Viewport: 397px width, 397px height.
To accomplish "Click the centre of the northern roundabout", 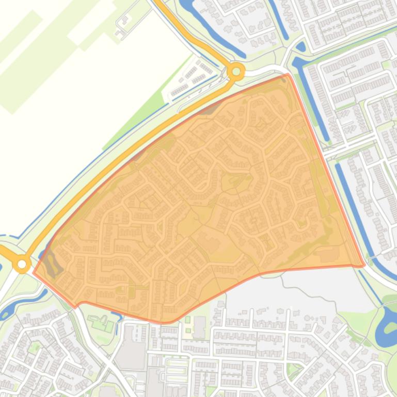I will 236,72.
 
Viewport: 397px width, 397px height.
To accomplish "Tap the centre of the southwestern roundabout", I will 22,264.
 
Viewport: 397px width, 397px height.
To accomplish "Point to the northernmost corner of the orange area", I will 288,75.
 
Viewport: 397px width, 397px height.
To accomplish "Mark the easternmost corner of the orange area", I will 364,266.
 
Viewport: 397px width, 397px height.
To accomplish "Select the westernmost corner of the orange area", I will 34,273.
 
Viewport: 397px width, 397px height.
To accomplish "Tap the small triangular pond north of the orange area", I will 301,47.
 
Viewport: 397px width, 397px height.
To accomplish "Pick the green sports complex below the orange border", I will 101,323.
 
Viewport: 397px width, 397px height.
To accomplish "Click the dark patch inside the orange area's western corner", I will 51,263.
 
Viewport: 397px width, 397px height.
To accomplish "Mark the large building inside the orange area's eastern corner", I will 328,254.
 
